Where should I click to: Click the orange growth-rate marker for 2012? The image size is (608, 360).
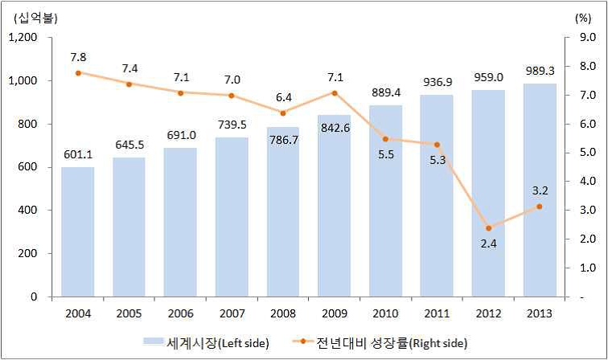pyautogui.click(x=488, y=228)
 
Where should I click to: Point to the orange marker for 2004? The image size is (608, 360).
pyautogui.click(x=77, y=73)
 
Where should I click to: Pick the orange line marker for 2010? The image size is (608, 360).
pyautogui.click(x=385, y=139)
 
